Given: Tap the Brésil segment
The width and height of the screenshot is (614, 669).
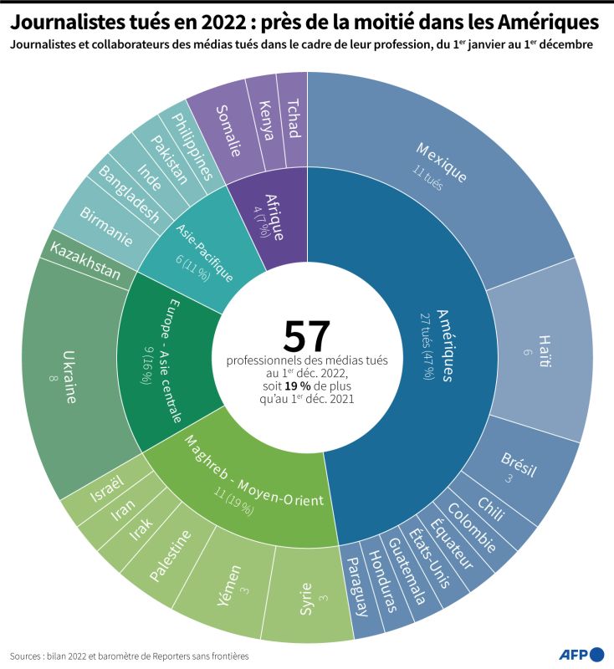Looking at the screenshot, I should [520, 468].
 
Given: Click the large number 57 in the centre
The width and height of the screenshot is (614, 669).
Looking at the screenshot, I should [307, 335].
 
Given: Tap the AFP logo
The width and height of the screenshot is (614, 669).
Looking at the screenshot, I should [581, 653].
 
